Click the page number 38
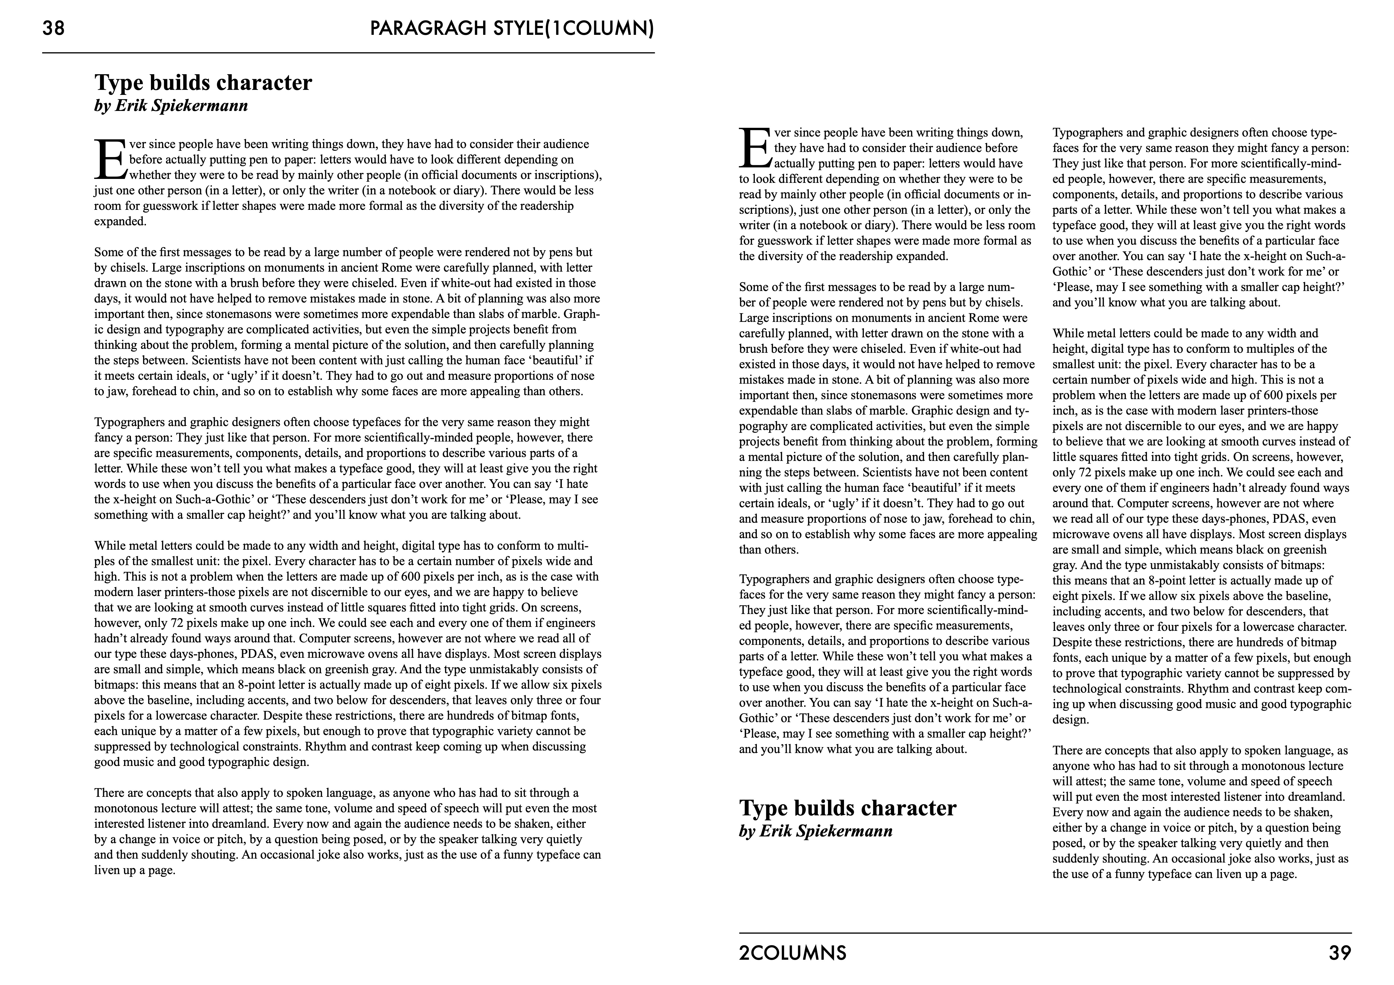click(53, 29)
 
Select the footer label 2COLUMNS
click(792, 954)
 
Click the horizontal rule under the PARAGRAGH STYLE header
click(348, 53)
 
